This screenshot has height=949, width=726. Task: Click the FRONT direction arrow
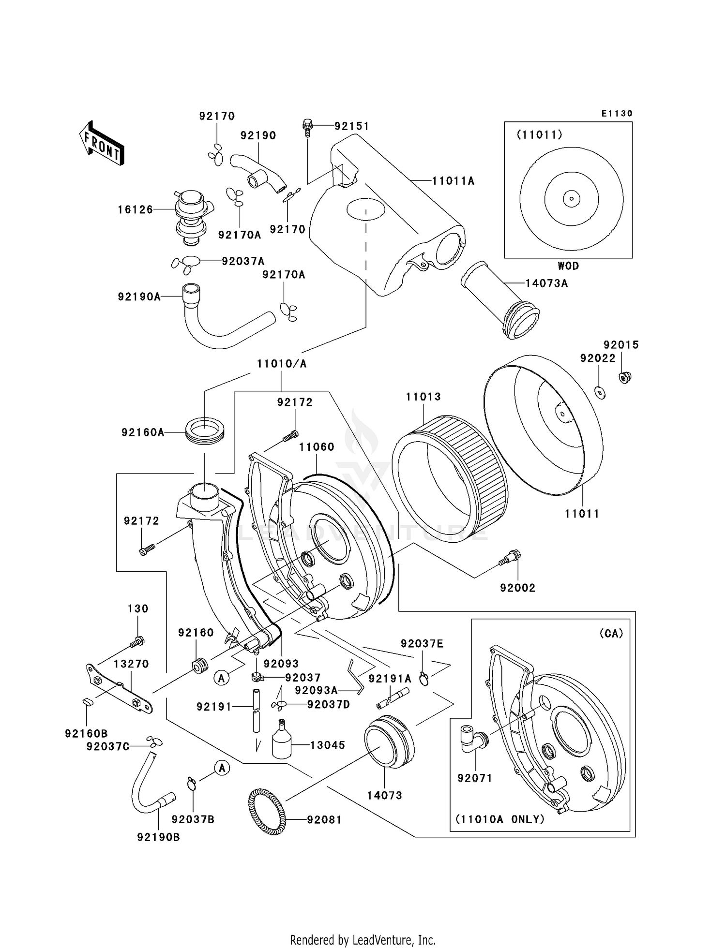point(102,144)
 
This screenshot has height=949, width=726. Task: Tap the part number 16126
point(135,209)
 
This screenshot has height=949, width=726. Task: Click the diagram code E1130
point(617,113)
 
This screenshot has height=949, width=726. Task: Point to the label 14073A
point(546,283)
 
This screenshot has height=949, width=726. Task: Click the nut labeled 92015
point(625,377)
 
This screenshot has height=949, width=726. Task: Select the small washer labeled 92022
point(600,393)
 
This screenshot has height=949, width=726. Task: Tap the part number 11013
point(423,397)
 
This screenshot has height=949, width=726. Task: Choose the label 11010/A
point(282,364)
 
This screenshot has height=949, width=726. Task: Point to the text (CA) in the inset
point(611,633)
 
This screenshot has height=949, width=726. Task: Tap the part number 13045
point(328,745)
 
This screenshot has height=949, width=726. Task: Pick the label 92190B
point(158,837)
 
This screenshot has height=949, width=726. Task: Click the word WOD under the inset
point(568,266)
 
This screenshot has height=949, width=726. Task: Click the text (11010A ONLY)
point(499,819)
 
